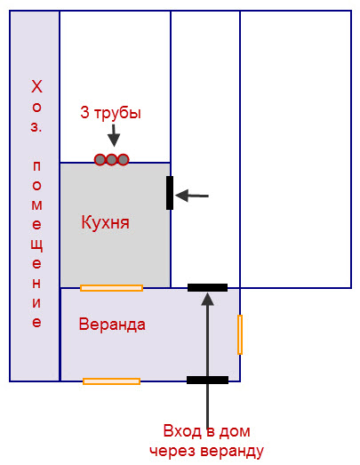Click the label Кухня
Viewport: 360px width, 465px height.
coord(105,222)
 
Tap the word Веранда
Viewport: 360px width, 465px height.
coord(112,325)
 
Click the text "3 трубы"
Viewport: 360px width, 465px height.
coord(110,113)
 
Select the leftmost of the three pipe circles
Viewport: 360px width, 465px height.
coord(100,159)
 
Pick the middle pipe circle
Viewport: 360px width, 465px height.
coord(111,159)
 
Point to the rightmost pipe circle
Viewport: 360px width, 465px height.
coord(123,159)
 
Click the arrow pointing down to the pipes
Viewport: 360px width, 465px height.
coord(114,135)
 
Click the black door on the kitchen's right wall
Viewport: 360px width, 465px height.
coord(170,193)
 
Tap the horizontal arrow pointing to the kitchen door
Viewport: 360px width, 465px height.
coord(192,196)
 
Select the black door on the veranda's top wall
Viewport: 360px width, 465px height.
coord(208,288)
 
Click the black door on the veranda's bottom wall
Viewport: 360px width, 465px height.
coord(208,380)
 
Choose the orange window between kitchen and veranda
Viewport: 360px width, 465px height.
coord(111,288)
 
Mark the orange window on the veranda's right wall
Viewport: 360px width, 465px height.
coord(240,335)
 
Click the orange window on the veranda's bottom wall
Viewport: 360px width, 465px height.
coord(111,381)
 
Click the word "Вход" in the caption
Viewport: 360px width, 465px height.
coord(182,431)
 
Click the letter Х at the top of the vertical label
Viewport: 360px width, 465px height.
coord(36,86)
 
